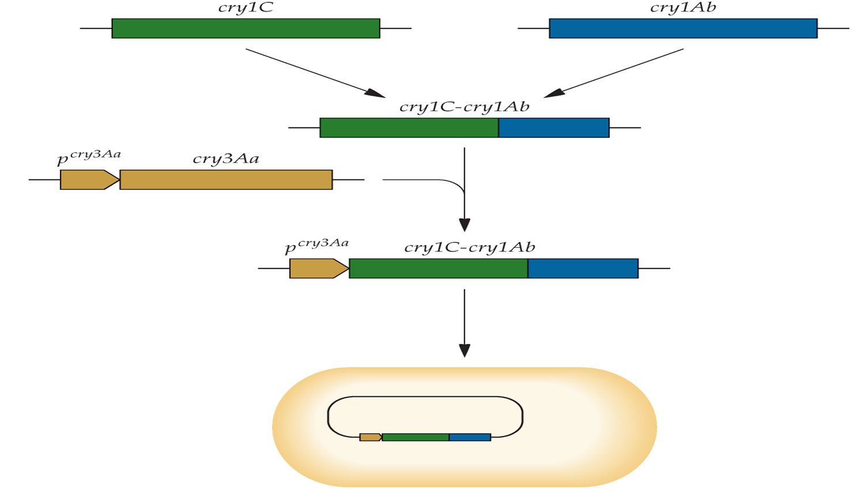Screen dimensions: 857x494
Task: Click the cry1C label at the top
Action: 246,8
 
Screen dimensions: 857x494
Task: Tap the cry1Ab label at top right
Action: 683,8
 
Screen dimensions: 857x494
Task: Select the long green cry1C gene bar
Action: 246,28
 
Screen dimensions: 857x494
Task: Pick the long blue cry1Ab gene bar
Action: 684,28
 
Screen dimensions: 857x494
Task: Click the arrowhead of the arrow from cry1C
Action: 375,93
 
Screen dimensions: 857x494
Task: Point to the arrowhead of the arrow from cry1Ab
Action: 554,93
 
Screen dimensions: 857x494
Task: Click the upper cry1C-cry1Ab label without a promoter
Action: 465,107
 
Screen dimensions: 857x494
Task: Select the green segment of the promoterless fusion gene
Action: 409,128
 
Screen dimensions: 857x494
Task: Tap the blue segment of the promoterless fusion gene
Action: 554,128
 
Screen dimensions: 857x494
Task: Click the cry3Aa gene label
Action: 226,159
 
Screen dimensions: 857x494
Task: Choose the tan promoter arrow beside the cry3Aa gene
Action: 90,180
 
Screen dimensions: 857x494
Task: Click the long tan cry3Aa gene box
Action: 226,180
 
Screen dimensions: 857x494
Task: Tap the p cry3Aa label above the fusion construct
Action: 317,246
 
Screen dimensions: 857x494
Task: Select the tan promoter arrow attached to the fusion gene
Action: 319,268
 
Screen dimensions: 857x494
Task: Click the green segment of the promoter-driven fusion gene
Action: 439,268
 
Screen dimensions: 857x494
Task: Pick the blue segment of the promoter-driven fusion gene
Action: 583,268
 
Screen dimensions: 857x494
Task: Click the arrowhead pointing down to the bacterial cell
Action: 465,350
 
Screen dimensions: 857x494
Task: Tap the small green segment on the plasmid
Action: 416,437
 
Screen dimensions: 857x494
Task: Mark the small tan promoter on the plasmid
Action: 371,437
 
